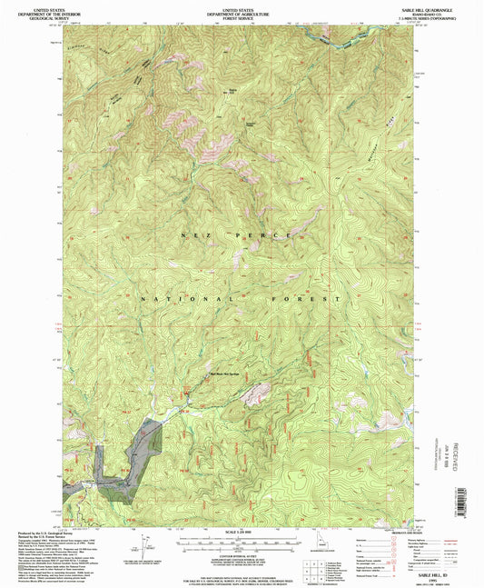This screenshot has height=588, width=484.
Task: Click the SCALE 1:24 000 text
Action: [241, 533]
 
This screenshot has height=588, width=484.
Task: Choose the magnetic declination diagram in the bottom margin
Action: [144, 545]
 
